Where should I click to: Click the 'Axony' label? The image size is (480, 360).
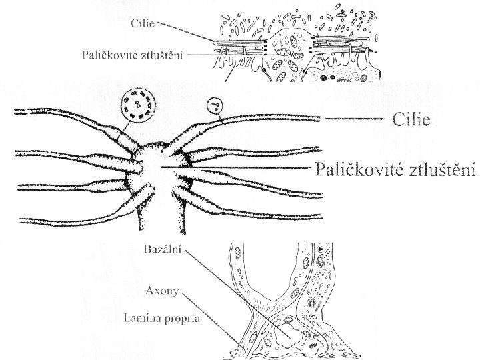[x=161, y=291]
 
